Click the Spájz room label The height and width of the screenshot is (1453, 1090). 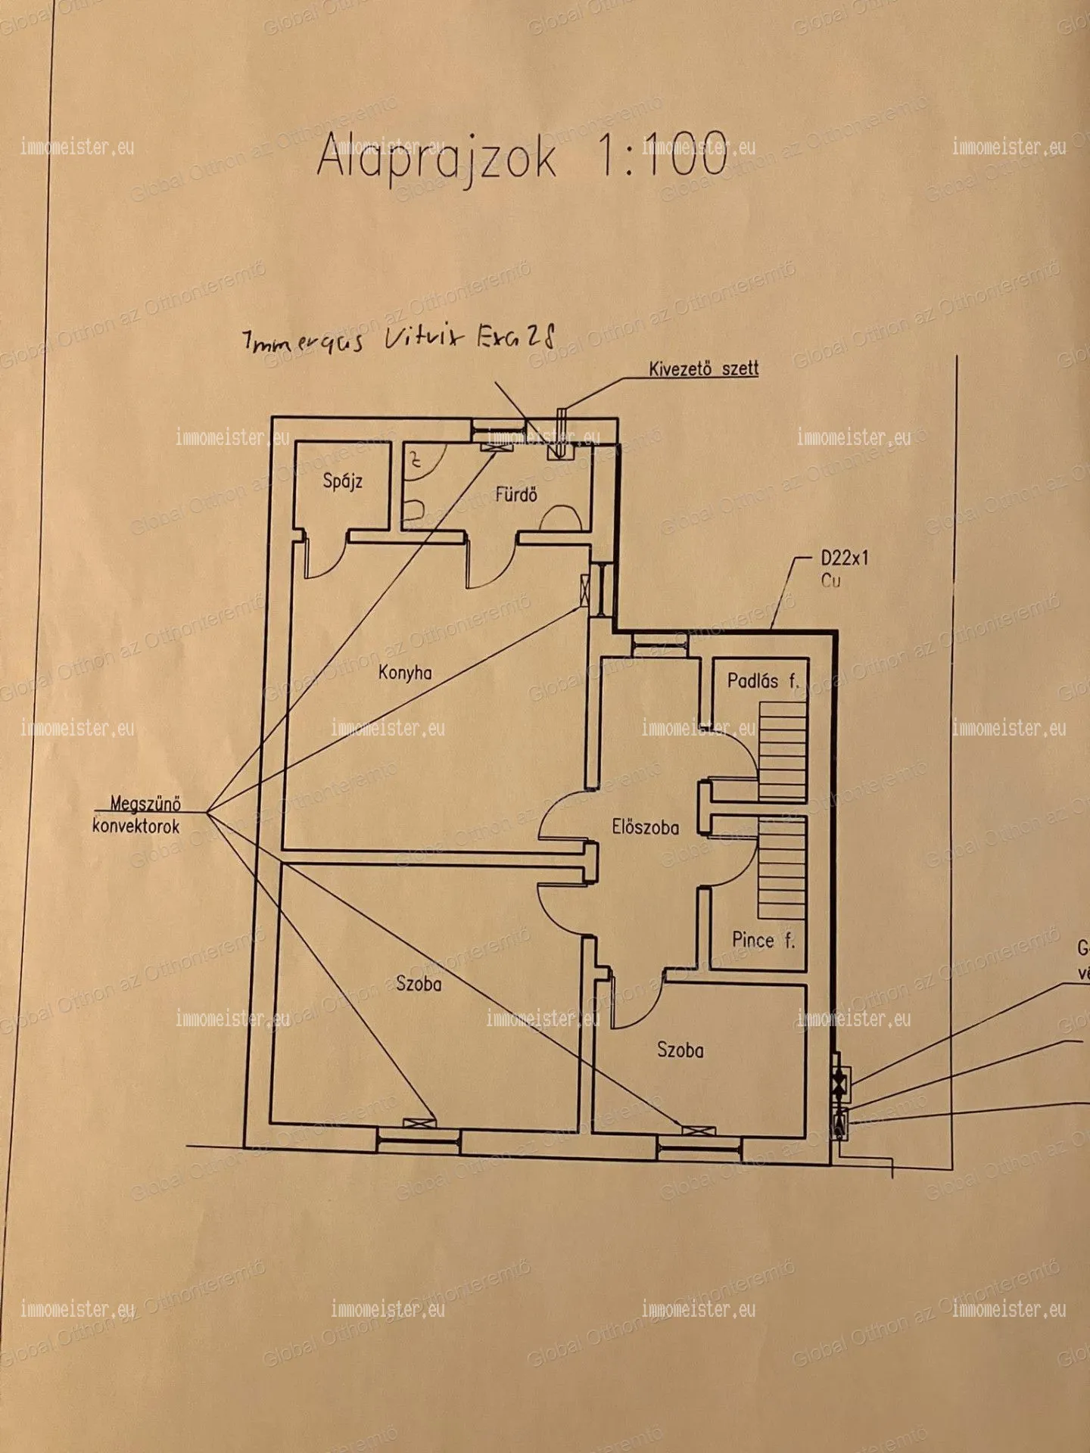[343, 481]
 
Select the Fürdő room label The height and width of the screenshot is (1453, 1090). [516, 495]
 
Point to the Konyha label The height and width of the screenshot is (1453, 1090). [405, 672]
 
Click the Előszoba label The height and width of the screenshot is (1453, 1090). [645, 827]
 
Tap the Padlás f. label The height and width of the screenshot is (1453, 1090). [762, 680]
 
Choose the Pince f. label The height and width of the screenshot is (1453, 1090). [763, 940]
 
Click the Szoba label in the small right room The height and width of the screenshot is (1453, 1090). [680, 1050]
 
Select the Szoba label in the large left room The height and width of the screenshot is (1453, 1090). [419, 983]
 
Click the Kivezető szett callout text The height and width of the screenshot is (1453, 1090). [703, 369]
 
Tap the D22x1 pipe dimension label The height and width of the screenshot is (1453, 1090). [844, 558]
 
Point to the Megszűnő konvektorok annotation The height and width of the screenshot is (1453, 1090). [137, 814]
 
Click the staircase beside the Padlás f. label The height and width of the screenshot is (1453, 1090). [783, 751]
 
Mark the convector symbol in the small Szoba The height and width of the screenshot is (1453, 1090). [698, 1131]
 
